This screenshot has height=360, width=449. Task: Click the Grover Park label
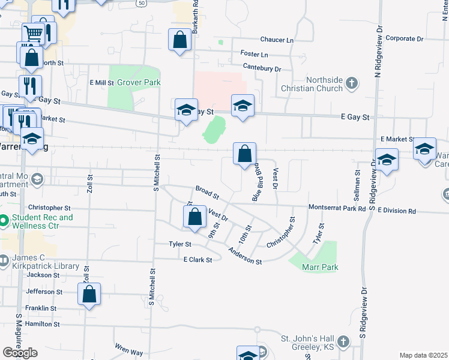tap(139, 82)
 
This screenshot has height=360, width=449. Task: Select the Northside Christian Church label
tap(315, 84)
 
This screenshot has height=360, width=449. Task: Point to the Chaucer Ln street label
tap(277, 40)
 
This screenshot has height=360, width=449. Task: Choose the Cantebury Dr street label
tap(261, 69)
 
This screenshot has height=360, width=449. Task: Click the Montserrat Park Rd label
tap(337, 208)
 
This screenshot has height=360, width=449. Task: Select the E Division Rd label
tap(397, 211)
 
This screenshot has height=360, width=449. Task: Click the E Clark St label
tap(198, 260)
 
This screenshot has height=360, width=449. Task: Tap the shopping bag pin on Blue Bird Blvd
tap(244, 154)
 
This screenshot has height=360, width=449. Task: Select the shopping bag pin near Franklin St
tap(89, 295)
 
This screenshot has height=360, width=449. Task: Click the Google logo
tap(20, 353)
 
